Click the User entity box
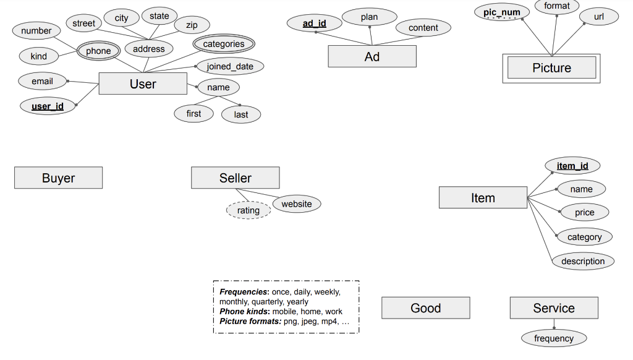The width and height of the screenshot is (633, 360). tap(143, 84)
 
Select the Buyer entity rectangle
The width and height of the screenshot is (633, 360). tap(58, 178)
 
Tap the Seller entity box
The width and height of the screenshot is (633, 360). tap(235, 178)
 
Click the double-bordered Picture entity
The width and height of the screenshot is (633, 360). tap(551, 68)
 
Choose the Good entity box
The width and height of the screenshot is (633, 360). tap(425, 308)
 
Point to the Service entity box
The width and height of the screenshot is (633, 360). tap(553, 308)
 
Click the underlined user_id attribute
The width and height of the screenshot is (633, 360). tap(48, 106)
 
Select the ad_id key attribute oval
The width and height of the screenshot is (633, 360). tap(314, 24)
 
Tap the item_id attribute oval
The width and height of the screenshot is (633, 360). tap(572, 166)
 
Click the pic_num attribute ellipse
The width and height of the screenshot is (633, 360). tap(501, 12)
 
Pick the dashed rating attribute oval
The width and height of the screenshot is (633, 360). tap(248, 210)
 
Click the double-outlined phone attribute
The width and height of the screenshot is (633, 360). tap(98, 51)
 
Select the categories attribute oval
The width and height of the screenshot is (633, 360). tap(223, 44)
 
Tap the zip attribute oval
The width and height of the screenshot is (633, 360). tap(192, 25)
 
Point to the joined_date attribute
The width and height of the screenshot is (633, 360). tap(230, 66)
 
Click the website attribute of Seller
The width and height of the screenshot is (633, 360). tap(297, 204)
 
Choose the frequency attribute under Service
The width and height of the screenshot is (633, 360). tap(553, 338)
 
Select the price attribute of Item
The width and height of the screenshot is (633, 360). tap(584, 212)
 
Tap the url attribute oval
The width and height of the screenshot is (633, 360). tap(598, 17)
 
